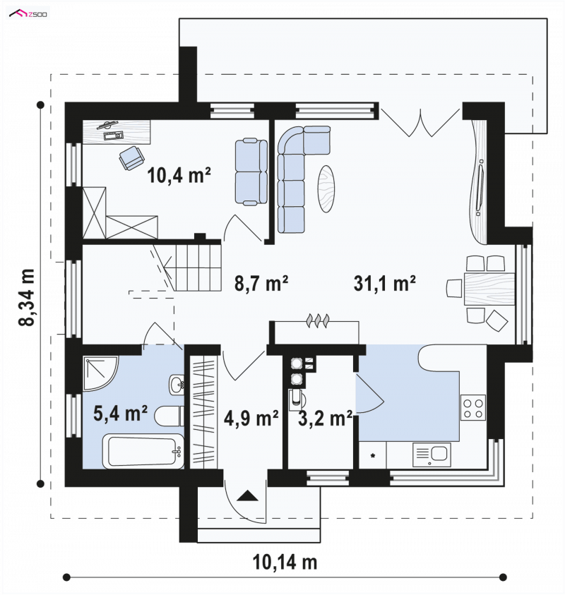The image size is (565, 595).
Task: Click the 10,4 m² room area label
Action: click(x=179, y=175)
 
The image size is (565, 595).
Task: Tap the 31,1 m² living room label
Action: click(x=384, y=283)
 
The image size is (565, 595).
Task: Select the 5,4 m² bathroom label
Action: click(x=120, y=413)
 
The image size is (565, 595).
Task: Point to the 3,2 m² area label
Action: click(x=326, y=418)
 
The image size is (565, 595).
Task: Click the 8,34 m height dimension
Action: click(x=27, y=297)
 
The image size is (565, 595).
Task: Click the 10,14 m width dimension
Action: click(x=285, y=562)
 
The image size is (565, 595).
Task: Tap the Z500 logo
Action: click(x=28, y=14)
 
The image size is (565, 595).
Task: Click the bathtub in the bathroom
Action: click(x=143, y=451)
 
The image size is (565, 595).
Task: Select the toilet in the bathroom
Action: click(x=169, y=416)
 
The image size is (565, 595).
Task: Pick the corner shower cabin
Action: click(x=99, y=372)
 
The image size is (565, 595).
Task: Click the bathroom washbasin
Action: click(x=177, y=385)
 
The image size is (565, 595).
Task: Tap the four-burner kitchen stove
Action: click(x=473, y=407)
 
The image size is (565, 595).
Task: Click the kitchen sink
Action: click(x=432, y=455)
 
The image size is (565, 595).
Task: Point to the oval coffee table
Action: click(x=326, y=188)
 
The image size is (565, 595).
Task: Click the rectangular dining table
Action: click(x=489, y=289)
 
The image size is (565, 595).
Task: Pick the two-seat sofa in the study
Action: click(x=251, y=172)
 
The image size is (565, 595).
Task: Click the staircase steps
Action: click(x=198, y=267)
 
